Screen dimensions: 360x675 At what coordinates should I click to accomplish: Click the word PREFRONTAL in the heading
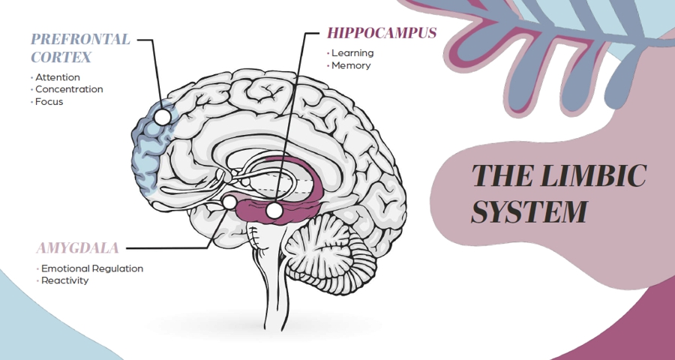click(80, 39)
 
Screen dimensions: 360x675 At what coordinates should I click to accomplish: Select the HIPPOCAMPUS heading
click(382, 34)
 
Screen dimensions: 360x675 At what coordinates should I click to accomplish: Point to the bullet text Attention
click(58, 77)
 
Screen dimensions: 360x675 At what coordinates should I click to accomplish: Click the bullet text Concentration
click(69, 89)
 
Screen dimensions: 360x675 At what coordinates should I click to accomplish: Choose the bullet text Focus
click(49, 101)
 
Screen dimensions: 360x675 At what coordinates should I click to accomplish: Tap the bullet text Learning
click(352, 53)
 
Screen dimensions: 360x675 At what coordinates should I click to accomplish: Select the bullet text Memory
click(351, 65)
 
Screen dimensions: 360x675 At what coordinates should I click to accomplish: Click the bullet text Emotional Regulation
click(92, 268)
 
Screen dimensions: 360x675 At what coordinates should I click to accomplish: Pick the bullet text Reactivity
click(65, 280)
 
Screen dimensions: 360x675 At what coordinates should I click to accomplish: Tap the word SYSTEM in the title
click(528, 211)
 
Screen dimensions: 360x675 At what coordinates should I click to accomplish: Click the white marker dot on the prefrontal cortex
click(160, 115)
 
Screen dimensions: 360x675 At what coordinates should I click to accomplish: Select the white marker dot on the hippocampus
click(274, 211)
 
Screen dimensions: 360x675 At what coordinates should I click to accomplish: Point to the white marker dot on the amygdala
click(230, 202)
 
